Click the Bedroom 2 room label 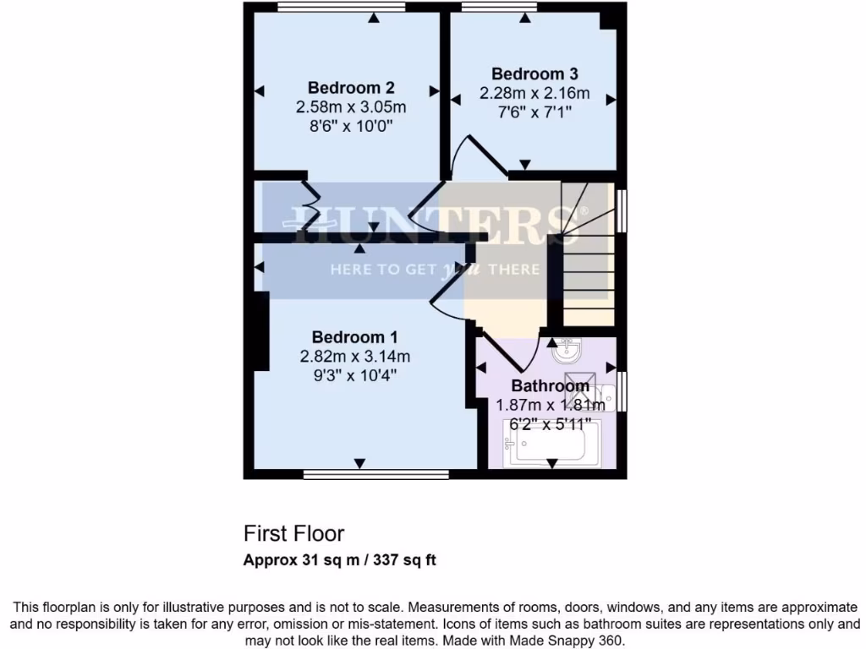point(351,87)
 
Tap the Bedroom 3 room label point(534,74)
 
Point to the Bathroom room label point(551,386)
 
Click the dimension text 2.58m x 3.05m point(351,107)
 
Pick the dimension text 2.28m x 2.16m point(534,93)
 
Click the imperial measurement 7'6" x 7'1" point(534,112)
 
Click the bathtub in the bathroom point(551,444)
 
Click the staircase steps point(588,262)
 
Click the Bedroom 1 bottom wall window point(376,475)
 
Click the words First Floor point(294,534)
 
